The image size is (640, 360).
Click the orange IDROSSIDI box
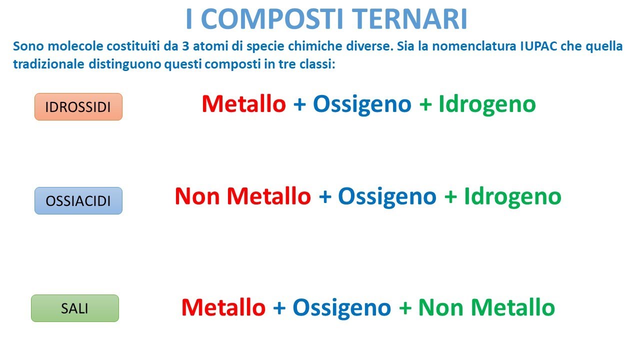click(78, 107)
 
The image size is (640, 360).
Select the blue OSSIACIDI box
click(78, 201)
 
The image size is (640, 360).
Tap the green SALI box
click(74, 308)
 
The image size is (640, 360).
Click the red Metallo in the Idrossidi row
click(243, 104)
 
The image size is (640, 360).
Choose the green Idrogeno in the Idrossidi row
click(487, 104)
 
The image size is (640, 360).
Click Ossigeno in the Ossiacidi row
click(387, 196)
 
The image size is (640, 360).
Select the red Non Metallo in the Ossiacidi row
click(242, 196)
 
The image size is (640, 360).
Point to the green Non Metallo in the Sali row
click(486, 307)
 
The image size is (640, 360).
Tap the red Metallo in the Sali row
click(223, 307)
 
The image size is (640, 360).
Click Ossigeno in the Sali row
click(341, 307)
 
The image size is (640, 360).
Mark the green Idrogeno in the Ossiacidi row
click(512, 196)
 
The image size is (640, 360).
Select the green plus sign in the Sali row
click(405, 307)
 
